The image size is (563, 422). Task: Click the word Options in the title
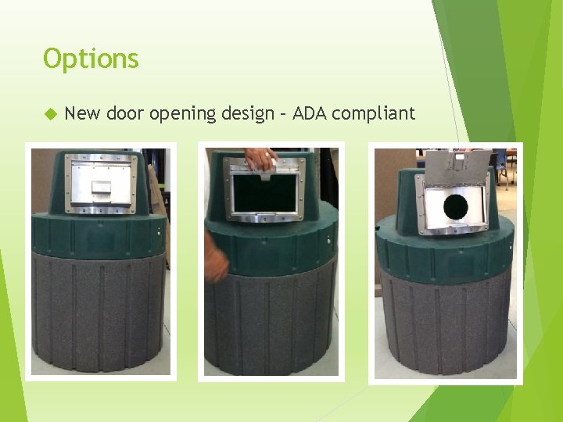pos(91,59)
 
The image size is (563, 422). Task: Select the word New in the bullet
pos(82,114)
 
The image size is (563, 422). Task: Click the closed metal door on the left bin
pos(102,184)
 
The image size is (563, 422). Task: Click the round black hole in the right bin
pos(455,207)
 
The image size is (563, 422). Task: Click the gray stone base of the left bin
pos(99,313)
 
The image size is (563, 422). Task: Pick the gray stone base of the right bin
pos(445,328)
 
